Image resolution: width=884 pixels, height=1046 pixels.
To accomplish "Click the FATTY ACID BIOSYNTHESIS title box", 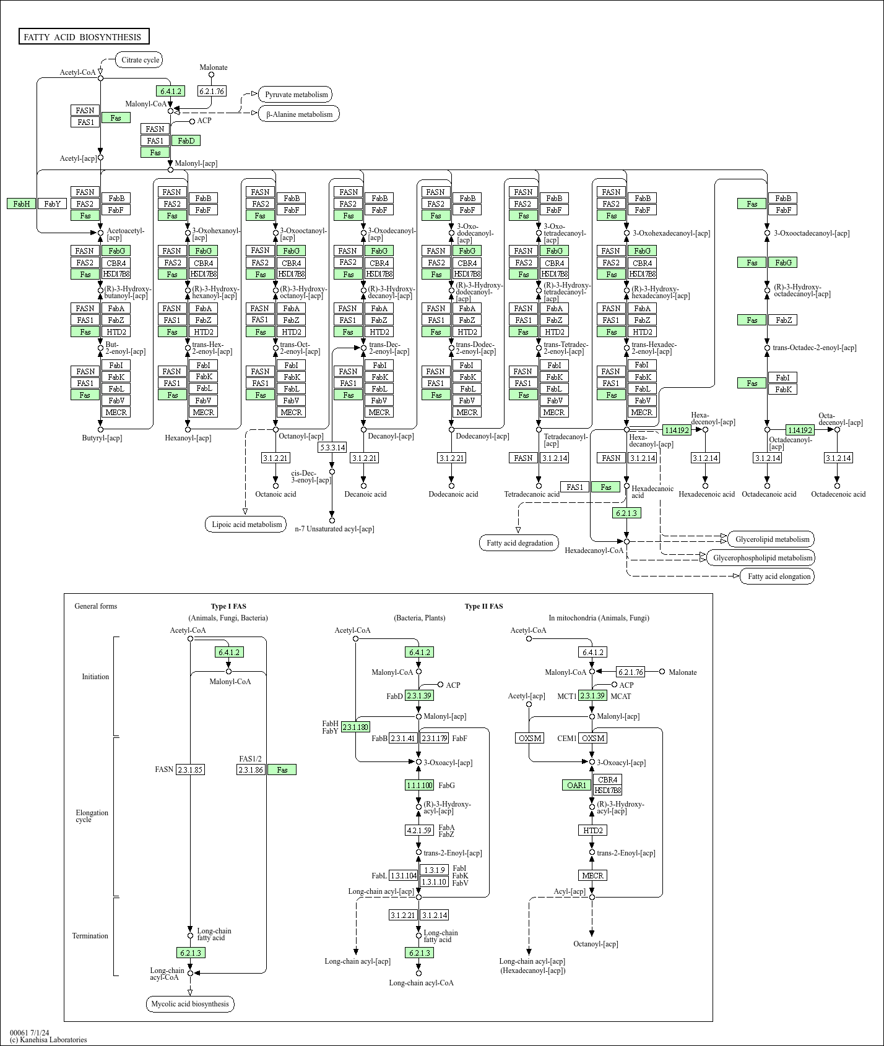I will (x=84, y=37).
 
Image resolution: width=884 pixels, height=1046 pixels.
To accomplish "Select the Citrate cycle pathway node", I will (x=140, y=60).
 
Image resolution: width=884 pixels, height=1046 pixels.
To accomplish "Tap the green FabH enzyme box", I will (x=21, y=204).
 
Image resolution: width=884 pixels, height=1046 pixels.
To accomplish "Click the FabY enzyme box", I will (x=52, y=204).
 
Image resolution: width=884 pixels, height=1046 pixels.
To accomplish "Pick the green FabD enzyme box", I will (x=186, y=140).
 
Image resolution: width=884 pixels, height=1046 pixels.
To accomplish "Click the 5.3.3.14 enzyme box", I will (x=332, y=447).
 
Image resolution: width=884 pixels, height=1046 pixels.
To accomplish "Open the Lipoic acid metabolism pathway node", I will (x=246, y=525).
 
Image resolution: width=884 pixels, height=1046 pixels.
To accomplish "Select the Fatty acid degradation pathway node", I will (x=519, y=543).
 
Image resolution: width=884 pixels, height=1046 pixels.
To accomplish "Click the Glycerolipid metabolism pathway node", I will (x=771, y=539).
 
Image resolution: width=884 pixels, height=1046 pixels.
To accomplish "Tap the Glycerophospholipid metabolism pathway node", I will (x=762, y=558).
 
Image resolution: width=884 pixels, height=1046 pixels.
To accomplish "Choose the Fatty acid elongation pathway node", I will (x=778, y=577).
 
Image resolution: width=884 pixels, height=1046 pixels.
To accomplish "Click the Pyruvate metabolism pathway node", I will (x=296, y=95).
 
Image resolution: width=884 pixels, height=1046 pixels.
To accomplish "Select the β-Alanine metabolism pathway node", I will (x=299, y=114).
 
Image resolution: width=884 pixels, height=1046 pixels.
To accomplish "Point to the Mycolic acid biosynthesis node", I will (x=190, y=1004).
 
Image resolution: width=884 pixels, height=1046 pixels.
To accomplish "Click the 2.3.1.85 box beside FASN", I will (x=190, y=769).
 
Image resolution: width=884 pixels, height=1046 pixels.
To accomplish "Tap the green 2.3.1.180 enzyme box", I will (x=355, y=727).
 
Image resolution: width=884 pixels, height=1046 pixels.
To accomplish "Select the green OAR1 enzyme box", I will (x=576, y=785).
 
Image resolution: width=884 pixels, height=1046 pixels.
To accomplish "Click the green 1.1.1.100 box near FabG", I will (x=419, y=785).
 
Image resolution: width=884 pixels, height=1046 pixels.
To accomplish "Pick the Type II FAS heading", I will (x=483, y=606).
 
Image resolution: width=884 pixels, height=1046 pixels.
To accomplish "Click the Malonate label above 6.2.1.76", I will (x=214, y=67).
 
